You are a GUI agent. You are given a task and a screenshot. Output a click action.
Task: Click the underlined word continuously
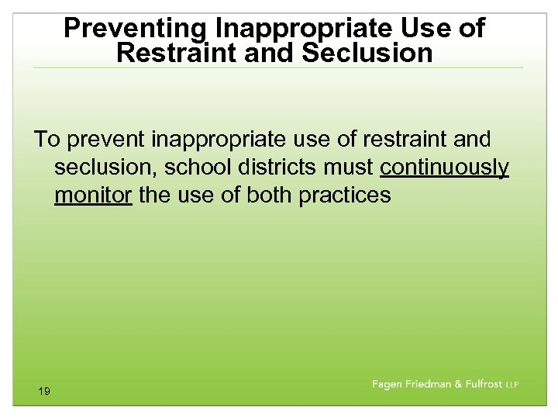coord(444,167)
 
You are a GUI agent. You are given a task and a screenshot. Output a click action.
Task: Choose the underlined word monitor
coord(93,194)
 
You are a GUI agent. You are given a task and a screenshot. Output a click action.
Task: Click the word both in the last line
coord(269,194)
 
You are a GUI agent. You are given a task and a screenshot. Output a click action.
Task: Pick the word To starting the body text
coord(46,140)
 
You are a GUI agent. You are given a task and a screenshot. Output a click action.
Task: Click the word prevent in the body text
coord(108,140)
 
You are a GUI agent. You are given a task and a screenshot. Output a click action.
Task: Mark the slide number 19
coord(43,392)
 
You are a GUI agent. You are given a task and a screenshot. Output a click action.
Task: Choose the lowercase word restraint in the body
coord(398,140)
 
